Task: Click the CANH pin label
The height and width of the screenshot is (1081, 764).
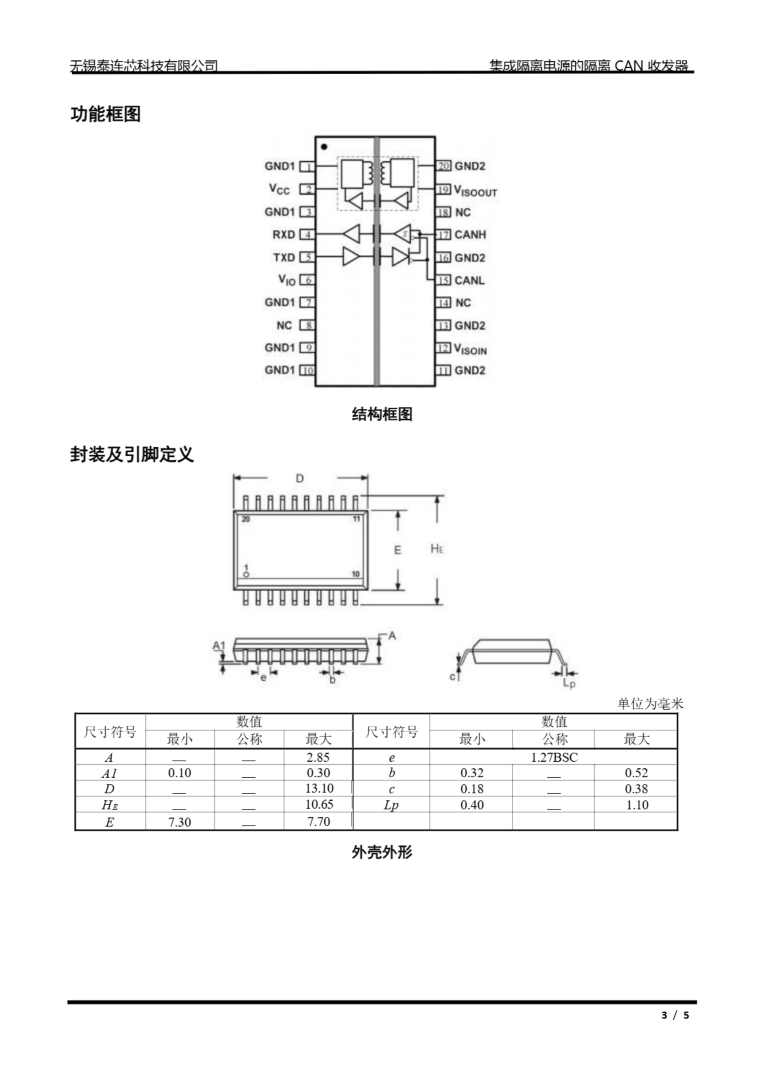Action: pos(469,234)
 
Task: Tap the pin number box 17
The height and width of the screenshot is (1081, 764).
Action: pos(444,234)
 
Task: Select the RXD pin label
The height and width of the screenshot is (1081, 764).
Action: pos(283,234)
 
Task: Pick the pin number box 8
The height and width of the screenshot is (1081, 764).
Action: pos(308,325)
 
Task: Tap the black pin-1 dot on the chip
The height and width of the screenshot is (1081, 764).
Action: pos(324,147)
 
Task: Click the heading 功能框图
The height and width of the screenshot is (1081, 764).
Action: pos(106,114)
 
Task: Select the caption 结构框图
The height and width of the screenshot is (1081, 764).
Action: pos(382,414)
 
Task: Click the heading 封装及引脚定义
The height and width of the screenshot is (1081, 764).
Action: pos(132,454)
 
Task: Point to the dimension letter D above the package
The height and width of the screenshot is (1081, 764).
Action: pos(300,478)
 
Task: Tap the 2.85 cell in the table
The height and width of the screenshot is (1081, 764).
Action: pos(318,757)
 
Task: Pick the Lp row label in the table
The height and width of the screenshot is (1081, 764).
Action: pos(391,805)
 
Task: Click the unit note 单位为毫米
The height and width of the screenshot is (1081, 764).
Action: pos(650,704)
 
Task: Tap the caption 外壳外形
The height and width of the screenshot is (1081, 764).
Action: pos(382,852)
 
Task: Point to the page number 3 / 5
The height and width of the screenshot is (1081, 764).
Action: pos(675,1015)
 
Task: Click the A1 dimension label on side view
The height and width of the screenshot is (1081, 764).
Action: pos(219,645)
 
